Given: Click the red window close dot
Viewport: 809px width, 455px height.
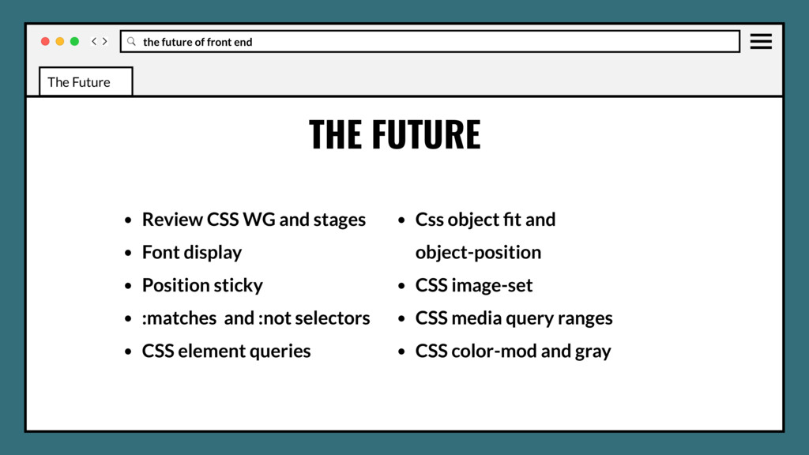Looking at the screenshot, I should pyautogui.click(x=45, y=41).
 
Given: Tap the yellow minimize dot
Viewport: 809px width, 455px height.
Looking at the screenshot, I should pyautogui.click(x=60, y=41).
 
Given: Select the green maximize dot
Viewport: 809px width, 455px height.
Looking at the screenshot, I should pyautogui.click(x=74, y=41).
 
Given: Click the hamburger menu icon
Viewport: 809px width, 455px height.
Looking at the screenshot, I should pyautogui.click(x=761, y=41).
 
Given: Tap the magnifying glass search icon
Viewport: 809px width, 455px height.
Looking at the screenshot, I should pyautogui.click(x=131, y=41).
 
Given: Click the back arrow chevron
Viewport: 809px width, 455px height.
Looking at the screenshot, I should pyautogui.click(x=94, y=41).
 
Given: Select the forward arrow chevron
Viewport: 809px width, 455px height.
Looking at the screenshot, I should pyautogui.click(x=105, y=41).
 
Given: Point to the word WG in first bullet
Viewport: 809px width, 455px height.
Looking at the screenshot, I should pyautogui.click(x=259, y=220).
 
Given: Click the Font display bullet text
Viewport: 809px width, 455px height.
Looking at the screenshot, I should pyautogui.click(x=192, y=253).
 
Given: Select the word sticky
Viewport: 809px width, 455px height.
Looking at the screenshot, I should pyautogui.click(x=238, y=285).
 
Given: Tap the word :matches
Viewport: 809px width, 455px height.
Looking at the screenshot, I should pyautogui.click(x=179, y=318).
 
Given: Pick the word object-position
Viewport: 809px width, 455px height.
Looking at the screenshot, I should pyautogui.click(x=478, y=253).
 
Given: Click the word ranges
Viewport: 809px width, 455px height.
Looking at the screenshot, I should pyautogui.click(x=585, y=318).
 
